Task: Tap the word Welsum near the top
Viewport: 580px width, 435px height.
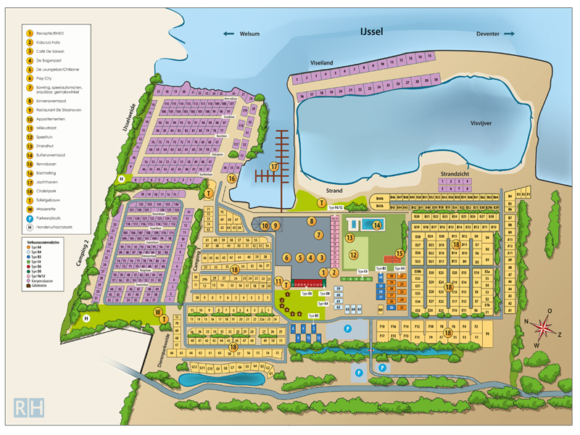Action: (x=249, y=34)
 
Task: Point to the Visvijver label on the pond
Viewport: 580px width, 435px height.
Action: (x=481, y=123)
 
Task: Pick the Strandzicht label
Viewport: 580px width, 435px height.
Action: (x=458, y=175)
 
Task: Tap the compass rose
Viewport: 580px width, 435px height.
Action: (x=542, y=327)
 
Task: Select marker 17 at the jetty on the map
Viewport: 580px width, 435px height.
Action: (x=274, y=167)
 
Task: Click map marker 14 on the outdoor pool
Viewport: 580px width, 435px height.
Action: (x=377, y=225)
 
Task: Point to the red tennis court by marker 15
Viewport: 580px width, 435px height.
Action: (x=388, y=260)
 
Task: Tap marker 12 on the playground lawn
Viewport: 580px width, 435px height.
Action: (x=354, y=254)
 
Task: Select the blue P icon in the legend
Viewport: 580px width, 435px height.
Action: (x=30, y=217)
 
